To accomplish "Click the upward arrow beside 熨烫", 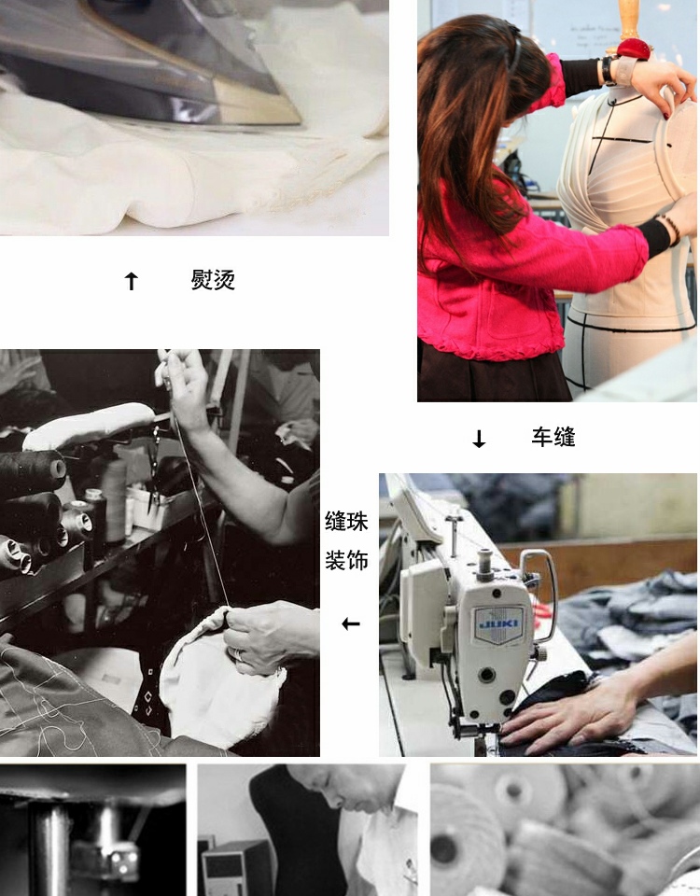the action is (132, 281).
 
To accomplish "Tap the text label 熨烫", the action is (213, 279).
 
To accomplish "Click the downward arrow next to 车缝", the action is (479, 439).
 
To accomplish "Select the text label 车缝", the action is (553, 437).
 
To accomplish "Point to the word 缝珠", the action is (346, 521).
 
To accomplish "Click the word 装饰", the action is (346, 560).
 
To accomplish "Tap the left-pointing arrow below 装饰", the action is (351, 623).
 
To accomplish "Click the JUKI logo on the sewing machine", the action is (498, 623).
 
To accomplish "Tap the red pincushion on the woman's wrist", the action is (633, 49).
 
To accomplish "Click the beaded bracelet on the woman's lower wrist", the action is (671, 230).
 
